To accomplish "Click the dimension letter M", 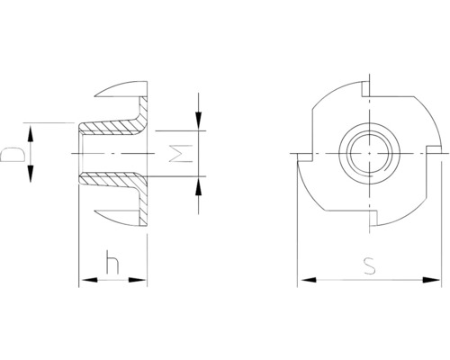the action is [x=181, y=154].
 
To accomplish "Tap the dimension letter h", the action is [x=112, y=262].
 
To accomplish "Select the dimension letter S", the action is [x=369, y=265].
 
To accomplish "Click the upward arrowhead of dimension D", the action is [x=31, y=134].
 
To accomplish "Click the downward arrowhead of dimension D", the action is [x=31, y=174].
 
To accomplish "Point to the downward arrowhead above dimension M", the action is [x=198, y=121].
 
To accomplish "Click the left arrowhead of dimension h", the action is [x=90, y=280].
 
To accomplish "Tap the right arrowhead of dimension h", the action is [x=137, y=280].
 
